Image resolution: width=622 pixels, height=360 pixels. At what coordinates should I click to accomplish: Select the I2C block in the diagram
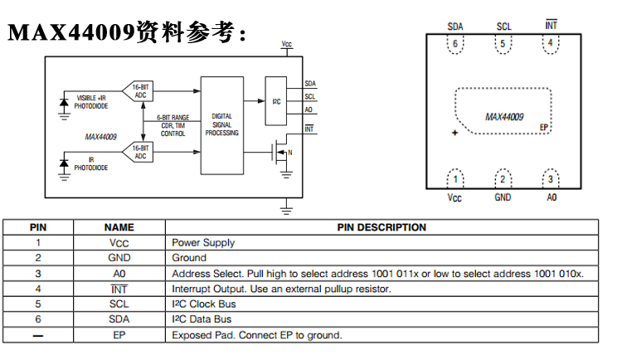[x=277, y=102]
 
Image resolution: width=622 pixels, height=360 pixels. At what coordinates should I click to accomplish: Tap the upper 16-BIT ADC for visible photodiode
[x=138, y=91]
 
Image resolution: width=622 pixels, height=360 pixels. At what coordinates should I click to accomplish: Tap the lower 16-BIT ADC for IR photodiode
[x=138, y=152]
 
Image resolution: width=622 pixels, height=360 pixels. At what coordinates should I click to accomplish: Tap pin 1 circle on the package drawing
[x=454, y=179]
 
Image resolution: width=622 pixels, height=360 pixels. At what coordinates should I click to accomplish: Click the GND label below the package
[x=503, y=198]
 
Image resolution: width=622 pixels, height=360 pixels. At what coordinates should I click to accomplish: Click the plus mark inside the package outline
[x=454, y=132]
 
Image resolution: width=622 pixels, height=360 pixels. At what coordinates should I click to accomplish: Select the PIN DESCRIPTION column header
[x=381, y=227]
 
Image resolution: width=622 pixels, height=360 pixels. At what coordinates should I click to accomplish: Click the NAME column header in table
[x=119, y=227]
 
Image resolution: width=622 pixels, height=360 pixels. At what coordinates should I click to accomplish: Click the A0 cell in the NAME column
[x=119, y=274]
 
